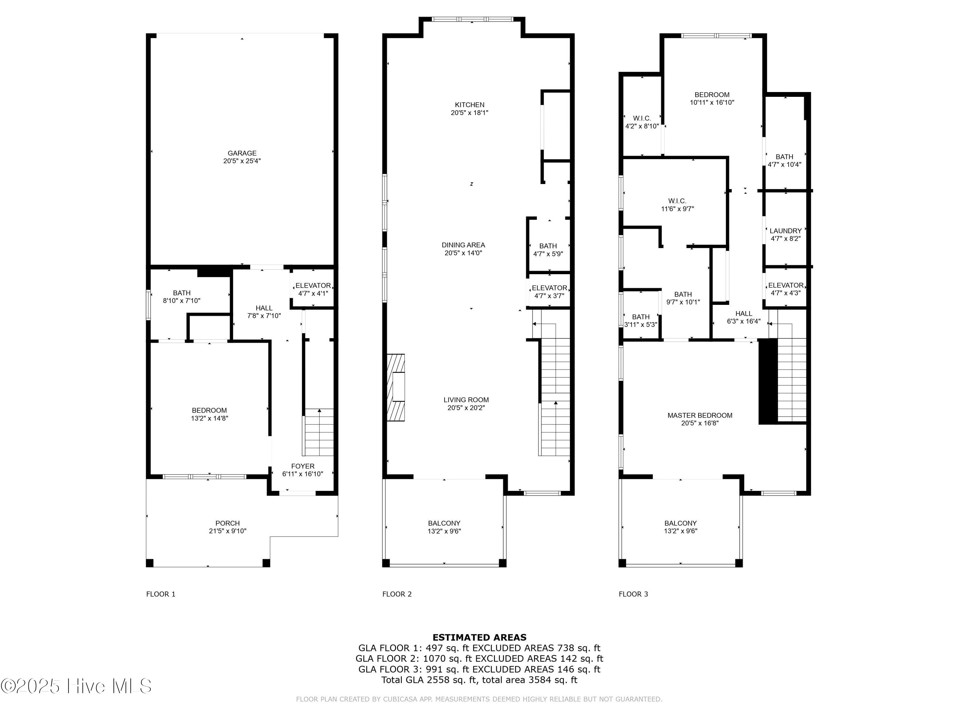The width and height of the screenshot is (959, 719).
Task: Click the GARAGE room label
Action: coord(242,153)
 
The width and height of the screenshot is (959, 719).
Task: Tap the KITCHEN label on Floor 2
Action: coord(470,105)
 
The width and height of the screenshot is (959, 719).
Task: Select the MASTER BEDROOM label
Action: coord(700,415)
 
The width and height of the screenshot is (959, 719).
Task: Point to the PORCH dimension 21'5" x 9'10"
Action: coord(227,531)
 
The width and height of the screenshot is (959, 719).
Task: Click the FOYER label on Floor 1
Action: coord(303,466)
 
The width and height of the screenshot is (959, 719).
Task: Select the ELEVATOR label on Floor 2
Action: coord(549,288)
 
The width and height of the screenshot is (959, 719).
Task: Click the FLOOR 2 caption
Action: coord(397,594)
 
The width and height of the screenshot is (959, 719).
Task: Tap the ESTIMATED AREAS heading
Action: coord(479,637)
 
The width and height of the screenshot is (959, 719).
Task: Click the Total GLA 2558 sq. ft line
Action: coord(479,680)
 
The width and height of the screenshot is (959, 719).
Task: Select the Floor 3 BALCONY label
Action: coord(680,523)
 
